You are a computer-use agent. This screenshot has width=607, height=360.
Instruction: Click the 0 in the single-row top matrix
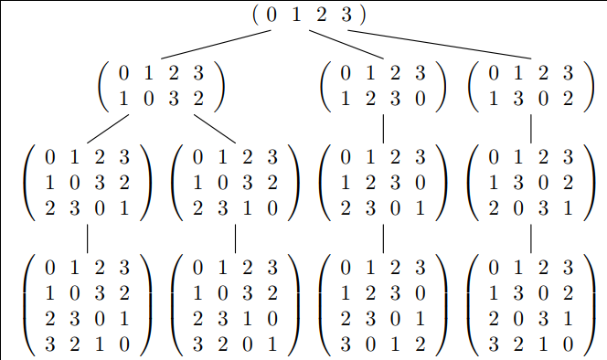click(x=272, y=15)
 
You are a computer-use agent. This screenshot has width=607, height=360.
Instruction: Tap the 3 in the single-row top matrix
click(x=346, y=15)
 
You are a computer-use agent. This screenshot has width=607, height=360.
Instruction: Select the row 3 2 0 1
click(x=235, y=344)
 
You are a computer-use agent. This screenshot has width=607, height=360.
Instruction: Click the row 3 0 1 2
click(x=383, y=344)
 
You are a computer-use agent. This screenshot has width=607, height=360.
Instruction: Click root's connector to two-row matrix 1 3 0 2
click(x=440, y=45)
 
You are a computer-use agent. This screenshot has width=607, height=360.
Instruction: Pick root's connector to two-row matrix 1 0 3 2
click(x=216, y=45)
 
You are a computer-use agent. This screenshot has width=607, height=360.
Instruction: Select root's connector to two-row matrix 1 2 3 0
click(x=346, y=45)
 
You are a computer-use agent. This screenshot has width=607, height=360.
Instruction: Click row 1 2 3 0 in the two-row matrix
click(x=383, y=99)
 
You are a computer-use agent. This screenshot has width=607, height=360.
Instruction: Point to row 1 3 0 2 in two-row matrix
click(x=531, y=99)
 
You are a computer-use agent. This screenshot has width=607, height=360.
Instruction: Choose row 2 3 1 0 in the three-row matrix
click(x=235, y=208)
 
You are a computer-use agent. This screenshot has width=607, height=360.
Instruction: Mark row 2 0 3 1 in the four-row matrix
click(x=531, y=319)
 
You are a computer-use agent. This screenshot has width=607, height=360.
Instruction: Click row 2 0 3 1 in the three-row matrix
click(x=531, y=208)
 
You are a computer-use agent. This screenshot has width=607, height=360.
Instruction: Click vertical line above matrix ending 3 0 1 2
click(x=383, y=238)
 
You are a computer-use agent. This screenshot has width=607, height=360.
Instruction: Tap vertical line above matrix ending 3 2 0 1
click(x=235, y=238)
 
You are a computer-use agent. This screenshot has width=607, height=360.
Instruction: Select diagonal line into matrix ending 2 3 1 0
click(x=215, y=129)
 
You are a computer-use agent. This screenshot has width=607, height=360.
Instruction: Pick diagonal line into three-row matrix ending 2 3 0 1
click(x=108, y=129)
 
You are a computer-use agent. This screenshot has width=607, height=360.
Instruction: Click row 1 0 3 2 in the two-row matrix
click(x=161, y=99)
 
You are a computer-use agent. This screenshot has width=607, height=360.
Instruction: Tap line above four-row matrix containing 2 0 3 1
click(x=531, y=238)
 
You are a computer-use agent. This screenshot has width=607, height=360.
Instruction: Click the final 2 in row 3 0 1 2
click(x=421, y=344)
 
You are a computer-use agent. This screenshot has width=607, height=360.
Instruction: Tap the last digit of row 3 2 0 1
click(x=272, y=344)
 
